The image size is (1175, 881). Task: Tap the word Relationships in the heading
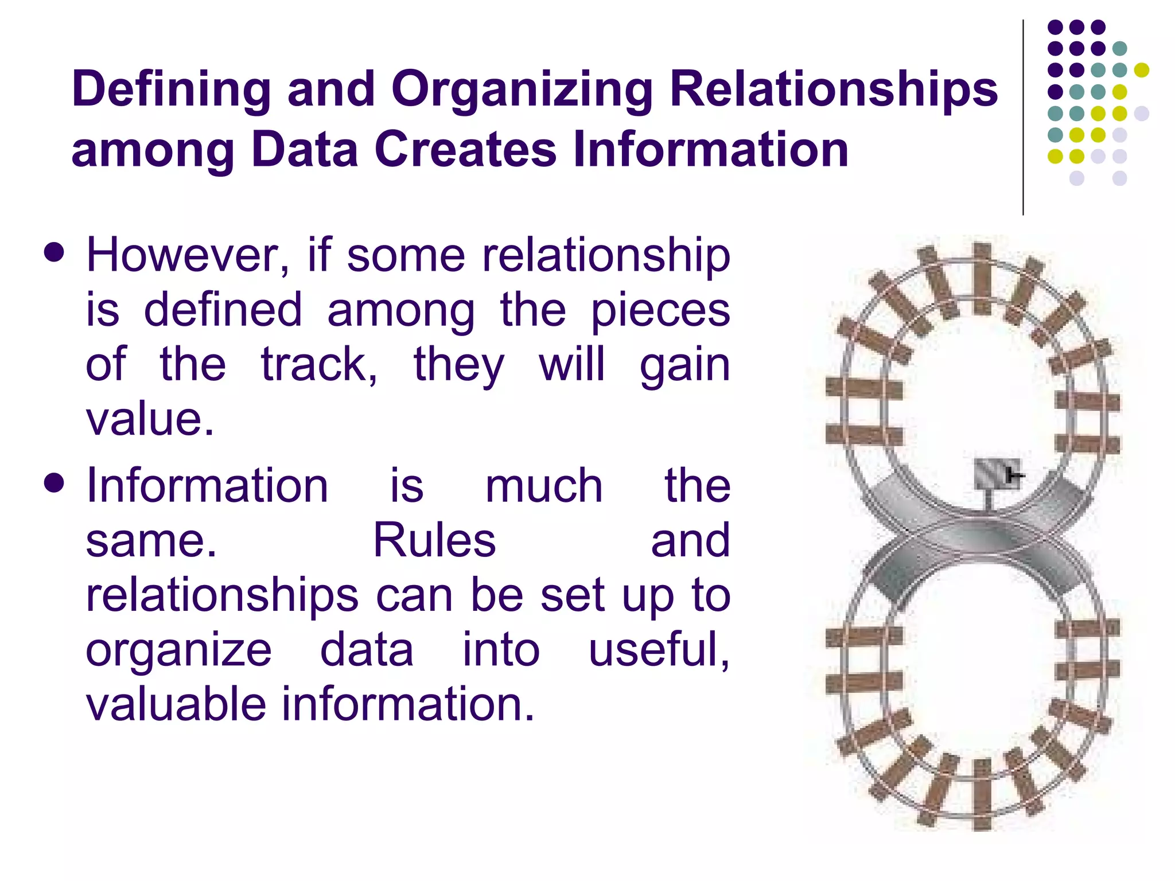pyautogui.click(x=834, y=90)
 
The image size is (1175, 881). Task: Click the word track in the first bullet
pyautogui.click(x=319, y=365)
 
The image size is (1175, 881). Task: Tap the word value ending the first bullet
pyautogui.click(x=149, y=419)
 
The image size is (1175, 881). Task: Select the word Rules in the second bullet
pyautogui.click(x=434, y=541)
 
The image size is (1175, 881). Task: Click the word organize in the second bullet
pyautogui.click(x=178, y=650)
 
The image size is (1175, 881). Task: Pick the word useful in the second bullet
pyautogui.click(x=658, y=650)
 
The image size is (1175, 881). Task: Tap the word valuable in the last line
pyautogui.click(x=176, y=705)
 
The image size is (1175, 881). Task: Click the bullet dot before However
pyautogui.click(x=54, y=253)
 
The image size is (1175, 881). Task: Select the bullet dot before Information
pyautogui.click(x=54, y=484)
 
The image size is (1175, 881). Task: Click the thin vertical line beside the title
pyautogui.click(x=1023, y=118)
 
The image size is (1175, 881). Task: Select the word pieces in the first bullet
pyautogui.click(x=660, y=310)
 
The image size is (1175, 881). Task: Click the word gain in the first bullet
pyautogui.click(x=684, y=365)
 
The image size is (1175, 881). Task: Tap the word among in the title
pyautogui.click(x=152, y=149)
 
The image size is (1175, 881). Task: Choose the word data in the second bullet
pyautogui.click(x=367, y=650)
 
